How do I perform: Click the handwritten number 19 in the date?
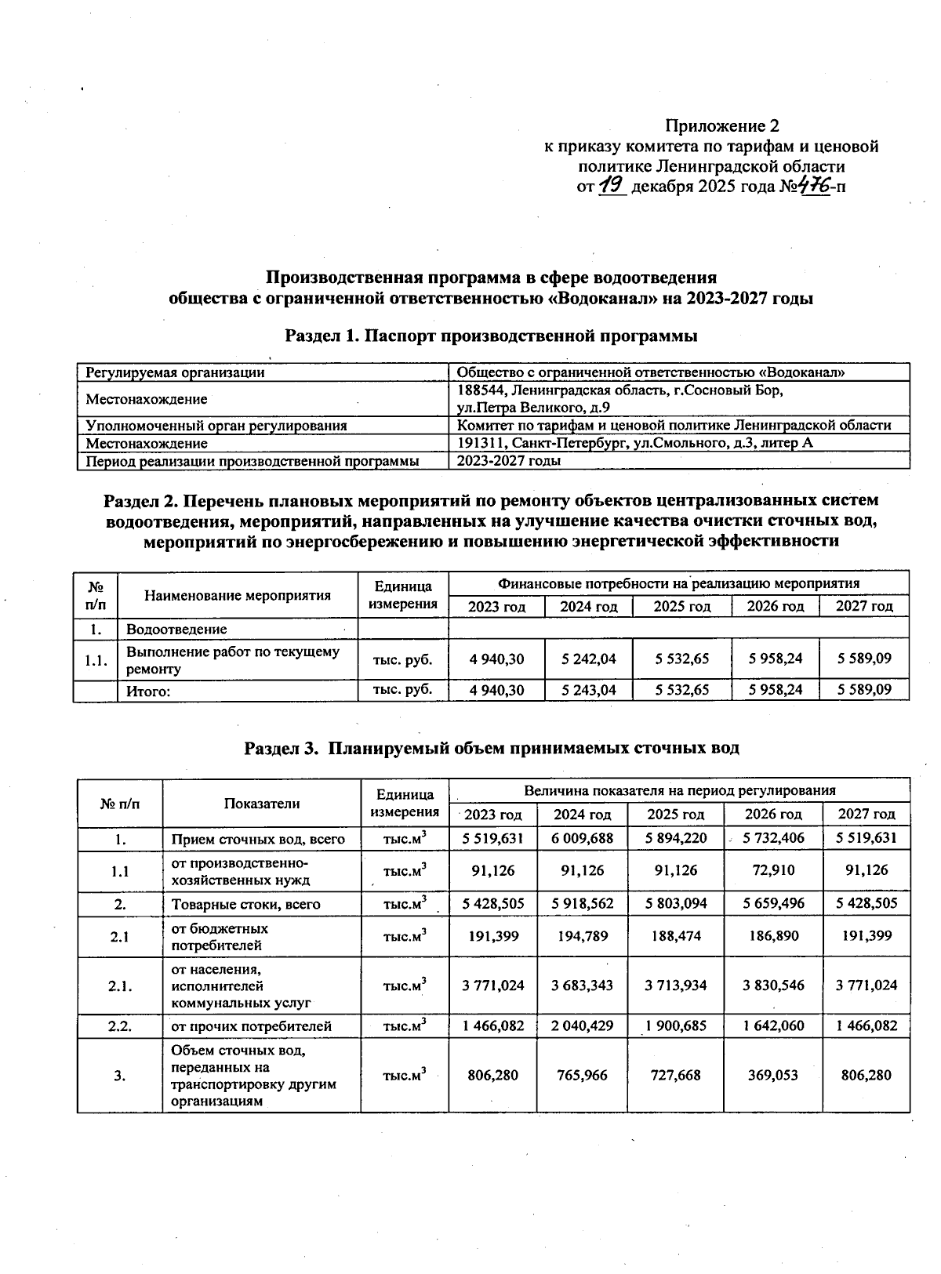pyautogui.click(x=611, y=186)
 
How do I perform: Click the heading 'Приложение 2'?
pyautogui.click(x=721, y=125)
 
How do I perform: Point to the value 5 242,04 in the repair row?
pyautogui.click(x=588, y=659)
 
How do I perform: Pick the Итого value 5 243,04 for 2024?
pyautogui.click(x=588, y=691)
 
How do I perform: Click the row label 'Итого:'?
pyautogui.click(x=148, y=691)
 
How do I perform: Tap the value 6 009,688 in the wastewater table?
pyautogui.click(x=582, y=838)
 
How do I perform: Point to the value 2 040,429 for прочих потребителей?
pyautogui.click(x=582, y=1025)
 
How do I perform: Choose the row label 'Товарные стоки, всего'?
pyautogui.click(x=245, y=904)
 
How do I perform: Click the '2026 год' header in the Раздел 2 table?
pyautogui.click(x=775, y=606)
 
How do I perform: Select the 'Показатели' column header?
pyautogui.click(x=262, y=803)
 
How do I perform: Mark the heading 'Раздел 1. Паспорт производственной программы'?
pyautogui.click(x=491, y=336)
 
